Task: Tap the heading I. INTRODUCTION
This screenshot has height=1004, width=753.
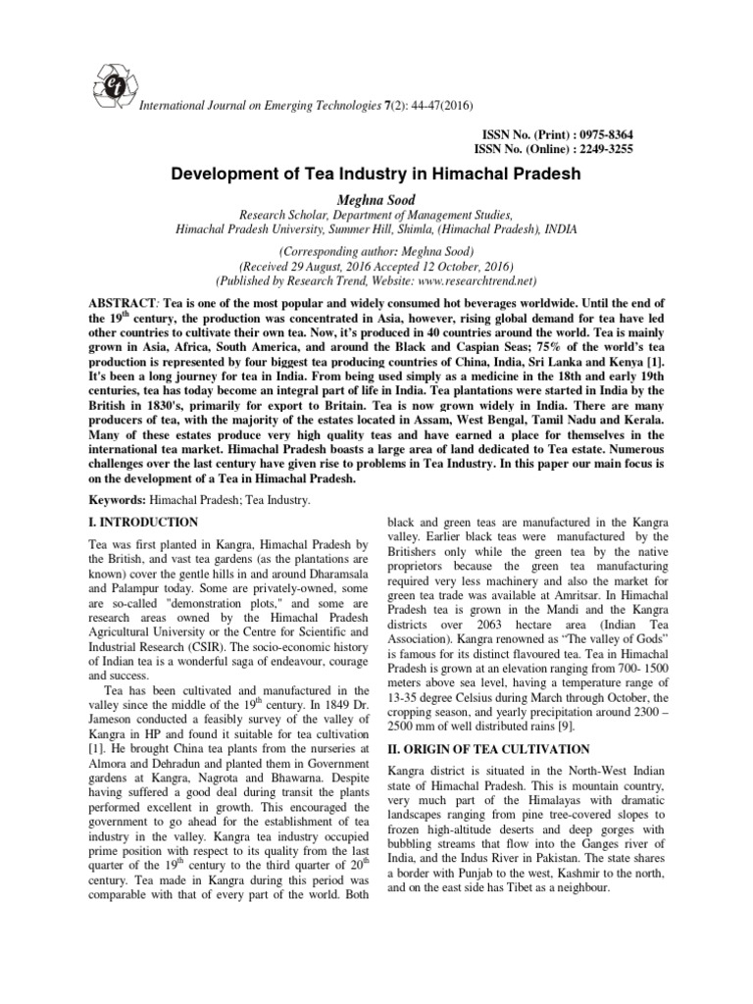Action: (143, 523)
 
